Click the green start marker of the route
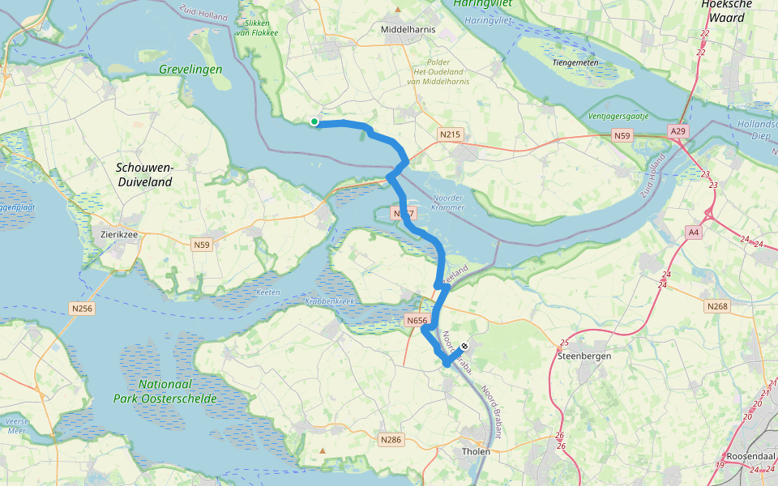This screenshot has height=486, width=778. coord(314,122)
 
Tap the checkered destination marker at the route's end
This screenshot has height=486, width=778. coord(464,346)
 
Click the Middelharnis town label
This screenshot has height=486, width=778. coord(408,29)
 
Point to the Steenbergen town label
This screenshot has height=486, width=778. coord(584,356)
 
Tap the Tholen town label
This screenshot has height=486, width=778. coord(476,451)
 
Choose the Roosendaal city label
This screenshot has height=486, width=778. coord(750,455)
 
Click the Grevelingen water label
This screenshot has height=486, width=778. coord(191,70)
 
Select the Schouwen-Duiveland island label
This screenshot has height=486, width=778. coord(144,175)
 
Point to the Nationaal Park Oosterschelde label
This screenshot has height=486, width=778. coord(177,391)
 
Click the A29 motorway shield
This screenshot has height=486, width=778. coord(678,130)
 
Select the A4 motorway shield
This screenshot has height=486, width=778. coord(693,232)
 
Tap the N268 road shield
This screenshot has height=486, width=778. coord(717,306)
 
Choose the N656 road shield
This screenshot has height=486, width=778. coord(417,321)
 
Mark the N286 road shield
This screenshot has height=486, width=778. coord(390,439)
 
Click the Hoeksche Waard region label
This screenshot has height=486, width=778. coord(724,11)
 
